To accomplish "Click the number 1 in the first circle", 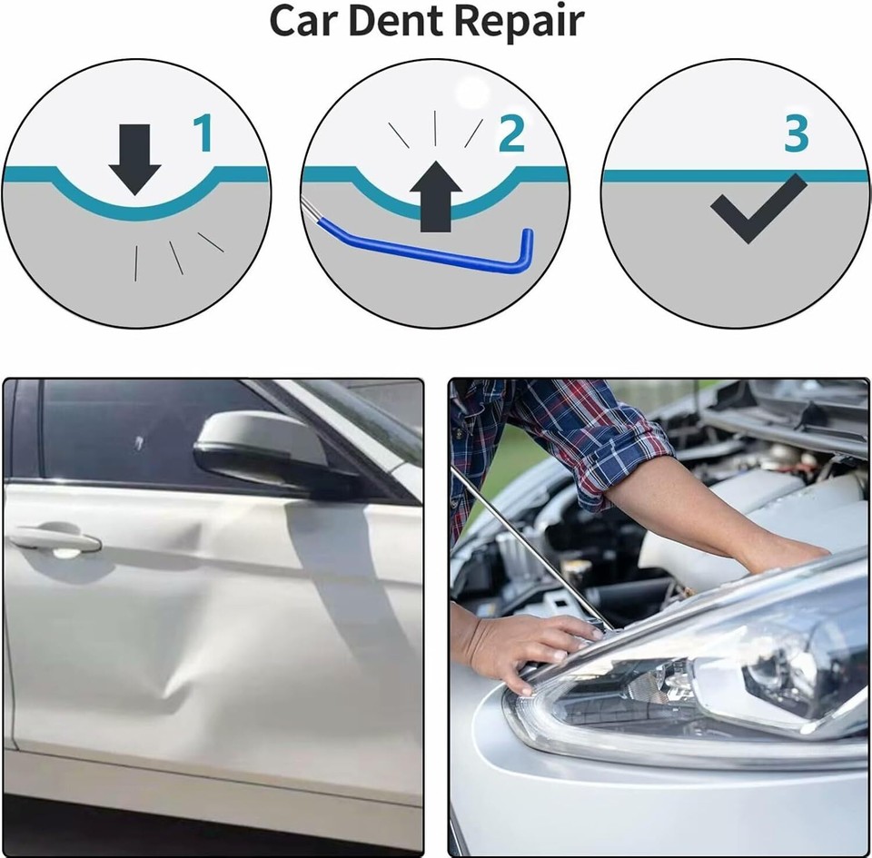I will [x=203, y=133].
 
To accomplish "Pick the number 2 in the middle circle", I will [x=512, y=133].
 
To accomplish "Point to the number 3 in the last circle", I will [x=796, y=133].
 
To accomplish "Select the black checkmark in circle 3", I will [x=757, y=207].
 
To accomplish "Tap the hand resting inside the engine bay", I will [x=781, y=554].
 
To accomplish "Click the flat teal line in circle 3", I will [x=654, y=175].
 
